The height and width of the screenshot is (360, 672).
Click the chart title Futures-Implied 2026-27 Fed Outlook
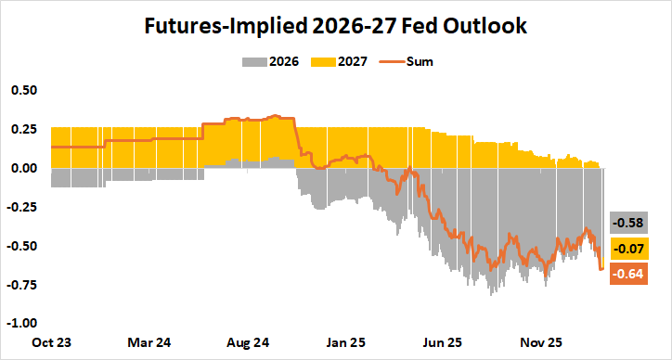pos(335,27)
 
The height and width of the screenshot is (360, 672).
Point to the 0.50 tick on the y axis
pos(23,91)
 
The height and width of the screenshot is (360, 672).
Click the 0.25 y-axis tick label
pos(23,130)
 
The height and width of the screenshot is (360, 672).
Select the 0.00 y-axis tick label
pos(23,168)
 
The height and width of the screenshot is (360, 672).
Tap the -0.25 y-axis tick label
pos(21,207)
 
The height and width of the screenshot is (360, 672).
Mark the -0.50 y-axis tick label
pos(21,246)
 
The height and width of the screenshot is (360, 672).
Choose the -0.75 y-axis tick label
pos(21,285)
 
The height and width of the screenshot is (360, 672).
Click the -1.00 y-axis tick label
pos(21,324)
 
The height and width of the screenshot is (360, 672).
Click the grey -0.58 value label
pos(627,223)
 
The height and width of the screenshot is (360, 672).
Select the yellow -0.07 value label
pos(627,248)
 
